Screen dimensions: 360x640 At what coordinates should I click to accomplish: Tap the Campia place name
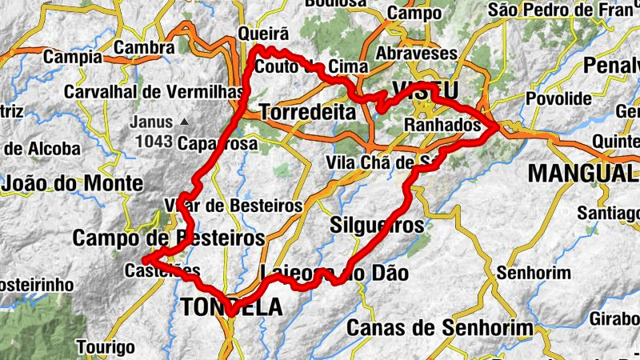coord(73,58)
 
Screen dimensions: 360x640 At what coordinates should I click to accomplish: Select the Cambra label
coord(144,48)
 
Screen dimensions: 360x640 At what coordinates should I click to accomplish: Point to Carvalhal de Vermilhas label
coord(154,92)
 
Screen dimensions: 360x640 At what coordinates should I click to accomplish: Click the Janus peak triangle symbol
coord(185,122)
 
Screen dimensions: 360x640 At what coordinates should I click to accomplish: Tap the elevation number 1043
coord(154,142)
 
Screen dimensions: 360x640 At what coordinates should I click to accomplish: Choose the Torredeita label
coord(308,113)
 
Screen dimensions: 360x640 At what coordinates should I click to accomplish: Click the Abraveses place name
coord(418,54)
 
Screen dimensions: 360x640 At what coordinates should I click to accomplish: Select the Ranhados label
coord(442,126)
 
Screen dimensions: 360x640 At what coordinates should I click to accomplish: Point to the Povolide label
coord(560,99)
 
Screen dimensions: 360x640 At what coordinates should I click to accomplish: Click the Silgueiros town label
coord(377,226)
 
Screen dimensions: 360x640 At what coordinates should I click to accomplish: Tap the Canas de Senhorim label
coord(439,328)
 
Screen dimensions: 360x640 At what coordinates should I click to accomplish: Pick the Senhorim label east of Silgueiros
coord(533,273)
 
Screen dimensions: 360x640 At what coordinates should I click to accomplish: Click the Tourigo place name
coord(106,348)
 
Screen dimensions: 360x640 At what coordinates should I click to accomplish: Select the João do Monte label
coord(73,184)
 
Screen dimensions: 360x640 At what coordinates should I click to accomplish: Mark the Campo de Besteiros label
coord(168,238)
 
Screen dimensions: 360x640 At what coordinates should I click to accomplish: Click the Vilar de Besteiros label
coord(232,206)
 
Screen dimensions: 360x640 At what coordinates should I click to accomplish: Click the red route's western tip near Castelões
coord(145,260)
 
